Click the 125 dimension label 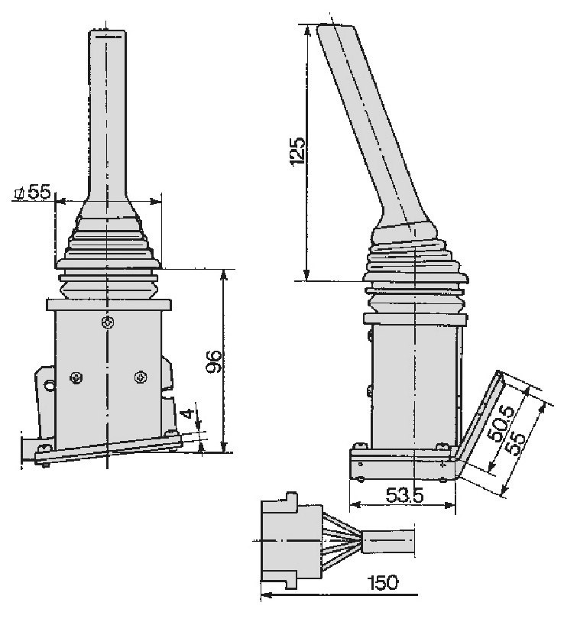297,151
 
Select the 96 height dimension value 215,361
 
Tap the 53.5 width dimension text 404,494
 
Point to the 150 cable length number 382,582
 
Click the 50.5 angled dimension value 501,423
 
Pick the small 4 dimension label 190,413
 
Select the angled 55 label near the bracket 516,443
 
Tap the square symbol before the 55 19,194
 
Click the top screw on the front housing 108,322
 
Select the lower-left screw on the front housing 76,377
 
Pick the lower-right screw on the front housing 141,377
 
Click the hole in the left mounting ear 50,385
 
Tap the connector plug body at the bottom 291,540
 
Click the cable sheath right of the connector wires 389,541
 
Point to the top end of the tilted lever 335,26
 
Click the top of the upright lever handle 107,31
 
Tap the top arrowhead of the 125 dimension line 306,29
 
